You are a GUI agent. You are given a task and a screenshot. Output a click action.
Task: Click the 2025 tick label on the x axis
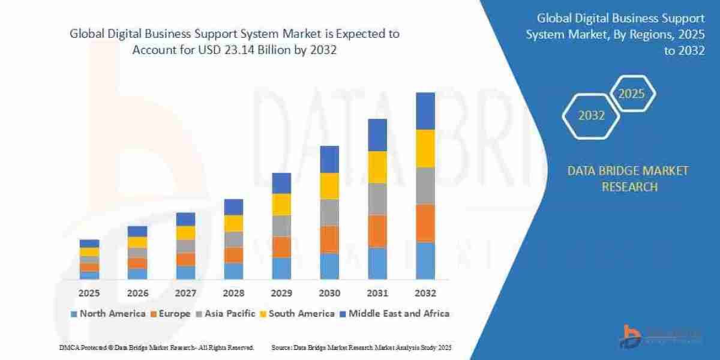89,293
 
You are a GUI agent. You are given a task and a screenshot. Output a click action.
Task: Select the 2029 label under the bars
281,293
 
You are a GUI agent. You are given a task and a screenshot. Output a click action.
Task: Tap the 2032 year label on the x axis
425,293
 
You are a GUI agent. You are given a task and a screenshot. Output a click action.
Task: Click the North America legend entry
108,313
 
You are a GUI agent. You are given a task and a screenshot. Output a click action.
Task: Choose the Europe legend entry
170,313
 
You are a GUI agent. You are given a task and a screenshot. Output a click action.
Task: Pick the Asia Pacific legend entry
226,313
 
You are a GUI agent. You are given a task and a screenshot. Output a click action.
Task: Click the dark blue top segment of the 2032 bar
425,111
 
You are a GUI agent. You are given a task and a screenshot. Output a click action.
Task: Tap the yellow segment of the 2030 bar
329,186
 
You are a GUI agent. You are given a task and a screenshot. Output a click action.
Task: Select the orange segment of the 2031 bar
377,231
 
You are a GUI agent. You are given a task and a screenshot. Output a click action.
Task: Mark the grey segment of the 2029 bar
281,226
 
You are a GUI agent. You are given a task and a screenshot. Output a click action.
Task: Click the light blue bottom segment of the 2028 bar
233,271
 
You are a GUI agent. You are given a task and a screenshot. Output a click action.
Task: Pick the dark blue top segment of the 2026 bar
137,231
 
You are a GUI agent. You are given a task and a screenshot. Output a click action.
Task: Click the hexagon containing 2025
631,94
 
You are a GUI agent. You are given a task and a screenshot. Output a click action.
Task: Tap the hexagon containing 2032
592,115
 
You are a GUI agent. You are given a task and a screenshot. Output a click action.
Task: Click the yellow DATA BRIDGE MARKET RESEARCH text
628,179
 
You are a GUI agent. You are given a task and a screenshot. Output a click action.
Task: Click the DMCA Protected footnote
157,347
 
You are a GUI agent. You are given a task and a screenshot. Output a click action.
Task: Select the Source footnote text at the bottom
361,347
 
